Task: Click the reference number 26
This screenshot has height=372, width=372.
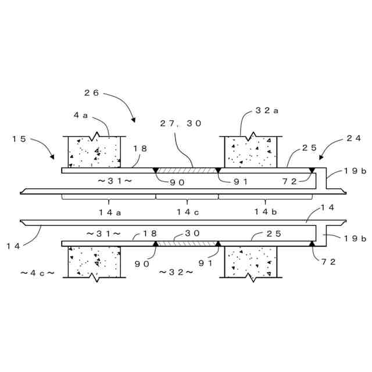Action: click(x=92, y=92)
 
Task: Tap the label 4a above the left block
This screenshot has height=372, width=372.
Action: click(x=80, y=115)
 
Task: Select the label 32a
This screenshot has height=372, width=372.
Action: click(x=267, y=110)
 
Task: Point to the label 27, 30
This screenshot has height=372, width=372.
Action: click(x=180, y=123)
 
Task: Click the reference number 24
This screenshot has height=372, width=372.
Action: click(x=353, y=138)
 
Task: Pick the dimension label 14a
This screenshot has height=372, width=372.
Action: click(x=110, y=212)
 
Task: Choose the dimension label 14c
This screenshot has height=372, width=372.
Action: click(x=188, y=212)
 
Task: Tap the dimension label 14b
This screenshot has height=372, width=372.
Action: click(x=265, y=212)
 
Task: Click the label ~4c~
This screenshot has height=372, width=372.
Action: click(x=37, y=272)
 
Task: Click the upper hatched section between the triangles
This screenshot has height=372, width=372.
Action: click(x=187, y=170)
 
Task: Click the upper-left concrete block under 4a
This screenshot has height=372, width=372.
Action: click(x=94, y=153)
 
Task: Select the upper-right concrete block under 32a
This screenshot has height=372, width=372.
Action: click(x=251, y=152)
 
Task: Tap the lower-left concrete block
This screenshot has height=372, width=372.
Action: click(x=94, y=262)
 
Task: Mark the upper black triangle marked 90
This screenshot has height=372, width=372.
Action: click(x=155, y=170)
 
